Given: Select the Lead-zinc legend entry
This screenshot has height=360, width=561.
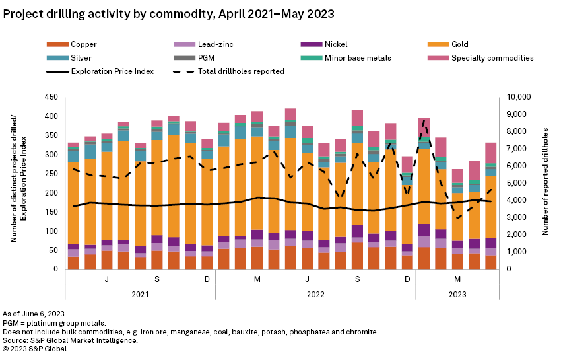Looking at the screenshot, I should click(197, 44).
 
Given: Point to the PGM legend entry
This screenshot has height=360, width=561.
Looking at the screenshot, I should click(197, 57).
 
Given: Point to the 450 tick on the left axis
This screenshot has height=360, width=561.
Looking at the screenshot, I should click(51, 97).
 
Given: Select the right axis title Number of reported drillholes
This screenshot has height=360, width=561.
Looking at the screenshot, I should click(546, 183).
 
